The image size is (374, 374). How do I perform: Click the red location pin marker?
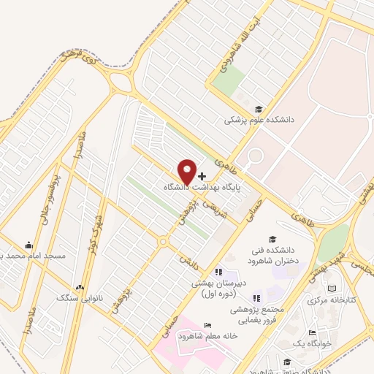(x=187, y=170)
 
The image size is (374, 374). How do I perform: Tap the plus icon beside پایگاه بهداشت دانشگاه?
(x=202, y=176)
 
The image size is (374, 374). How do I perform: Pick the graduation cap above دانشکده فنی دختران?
(x=272, y=239)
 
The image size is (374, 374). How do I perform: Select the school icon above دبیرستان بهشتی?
(x=219, y=272)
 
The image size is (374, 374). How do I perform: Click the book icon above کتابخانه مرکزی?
(x=334, y=289)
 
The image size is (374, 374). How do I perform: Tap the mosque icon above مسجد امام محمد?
(x=28, y=245)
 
